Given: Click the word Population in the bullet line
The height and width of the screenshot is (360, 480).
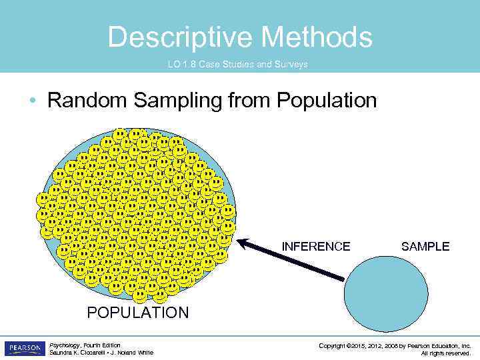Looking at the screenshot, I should point(327,101).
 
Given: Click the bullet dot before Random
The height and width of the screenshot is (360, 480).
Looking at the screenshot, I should point(33,101).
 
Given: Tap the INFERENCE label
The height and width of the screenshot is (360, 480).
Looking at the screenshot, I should point(315,247).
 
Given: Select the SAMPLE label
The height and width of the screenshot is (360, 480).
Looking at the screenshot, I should point(425,247).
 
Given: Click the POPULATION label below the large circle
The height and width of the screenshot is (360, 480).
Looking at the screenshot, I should point(138,313).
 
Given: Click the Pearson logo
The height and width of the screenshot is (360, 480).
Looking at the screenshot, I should point(24,349).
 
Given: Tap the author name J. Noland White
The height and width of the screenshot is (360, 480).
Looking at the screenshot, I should point(135,353).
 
